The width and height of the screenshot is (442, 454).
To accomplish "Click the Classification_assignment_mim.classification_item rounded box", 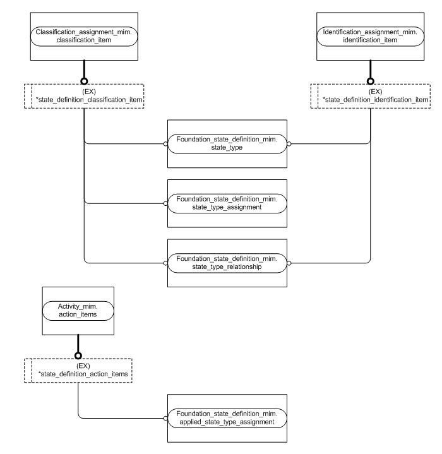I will tap(84, 35).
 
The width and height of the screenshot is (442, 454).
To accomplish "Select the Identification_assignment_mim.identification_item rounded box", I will tap(370, 35).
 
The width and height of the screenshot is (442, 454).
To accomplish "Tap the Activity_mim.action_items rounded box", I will tap(77, 311).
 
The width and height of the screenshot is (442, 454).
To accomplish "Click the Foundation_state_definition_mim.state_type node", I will tap(227, 143).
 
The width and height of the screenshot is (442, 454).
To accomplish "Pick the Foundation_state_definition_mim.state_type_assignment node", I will tap(227, 203).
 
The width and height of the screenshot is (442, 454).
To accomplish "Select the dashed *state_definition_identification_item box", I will tap(370, 95).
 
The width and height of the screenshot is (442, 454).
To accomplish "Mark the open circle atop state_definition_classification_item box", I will tap(84, 81).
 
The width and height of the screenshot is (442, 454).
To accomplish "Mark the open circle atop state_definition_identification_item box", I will tap(371, 81).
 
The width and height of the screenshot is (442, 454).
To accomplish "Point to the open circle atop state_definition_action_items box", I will tap(77, 356).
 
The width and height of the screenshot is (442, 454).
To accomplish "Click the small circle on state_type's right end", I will tap(289, 143).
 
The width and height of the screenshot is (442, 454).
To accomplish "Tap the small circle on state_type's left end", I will tap(165, 143).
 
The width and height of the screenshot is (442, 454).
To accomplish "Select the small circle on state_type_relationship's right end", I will tap(289, 262).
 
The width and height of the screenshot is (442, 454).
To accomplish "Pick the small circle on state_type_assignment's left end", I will tap(165, 203).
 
